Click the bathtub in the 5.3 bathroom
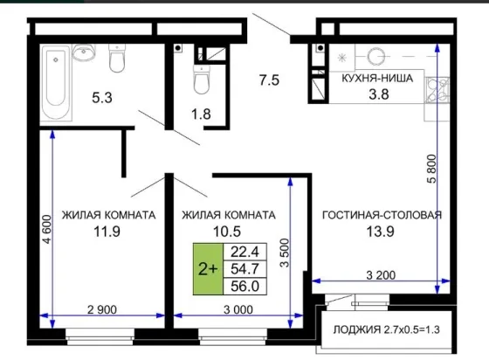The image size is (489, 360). [56, 82]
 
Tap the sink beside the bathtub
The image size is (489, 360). [84, 52]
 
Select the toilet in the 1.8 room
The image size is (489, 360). [202, 80]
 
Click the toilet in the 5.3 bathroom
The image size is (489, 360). [117, 58]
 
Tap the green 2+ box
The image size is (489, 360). [208, 269]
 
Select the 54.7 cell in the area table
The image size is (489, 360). [244, 269]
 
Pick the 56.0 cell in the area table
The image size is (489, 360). [244, 286]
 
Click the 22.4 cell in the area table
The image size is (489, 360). [244, 252]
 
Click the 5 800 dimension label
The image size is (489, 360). [431, 169]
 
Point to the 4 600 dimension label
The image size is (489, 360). [47, 229]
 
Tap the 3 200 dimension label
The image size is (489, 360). [381, 275]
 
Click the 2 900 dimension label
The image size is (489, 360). [102, 310]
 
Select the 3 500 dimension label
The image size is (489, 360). [285, 253]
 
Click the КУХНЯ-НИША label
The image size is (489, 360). [377, 79]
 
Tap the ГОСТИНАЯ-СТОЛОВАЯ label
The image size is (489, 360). [382, 215]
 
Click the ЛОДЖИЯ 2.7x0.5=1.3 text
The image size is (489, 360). [387, 329]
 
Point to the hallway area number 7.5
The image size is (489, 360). [269, 80]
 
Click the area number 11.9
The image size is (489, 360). [107, 232]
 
